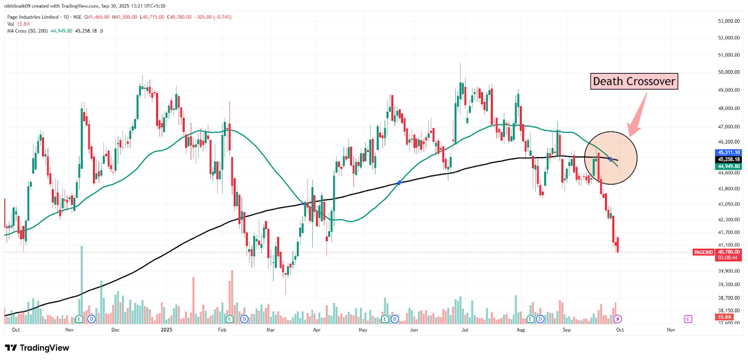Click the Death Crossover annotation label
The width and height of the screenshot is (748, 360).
[x=634, y=81]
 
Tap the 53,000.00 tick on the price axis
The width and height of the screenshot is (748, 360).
[x=729, y=21]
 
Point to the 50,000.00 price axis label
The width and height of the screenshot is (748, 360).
[x=729, y=72]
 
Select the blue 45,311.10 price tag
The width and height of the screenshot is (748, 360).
[x=729, y=152]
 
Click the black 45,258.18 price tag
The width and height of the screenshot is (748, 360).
[x=729, y=159]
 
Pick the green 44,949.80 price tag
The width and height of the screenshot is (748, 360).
[x=729, y=166]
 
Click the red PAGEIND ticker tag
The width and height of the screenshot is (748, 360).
[x=703, y=252]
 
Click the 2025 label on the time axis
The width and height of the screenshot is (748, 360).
[x=166, y=330]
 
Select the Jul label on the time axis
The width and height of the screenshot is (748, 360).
[x=465, y=330]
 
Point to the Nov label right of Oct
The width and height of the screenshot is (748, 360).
[x=671, y=330]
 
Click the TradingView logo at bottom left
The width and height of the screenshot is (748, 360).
[x=37, y=348]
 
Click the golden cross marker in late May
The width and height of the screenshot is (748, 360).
[x=399, y=183]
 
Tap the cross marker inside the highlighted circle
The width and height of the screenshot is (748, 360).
[x=611, y=159]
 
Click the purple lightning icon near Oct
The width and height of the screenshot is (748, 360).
[x=618, y=319]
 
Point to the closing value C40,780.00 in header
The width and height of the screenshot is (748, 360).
[x=179, y=17]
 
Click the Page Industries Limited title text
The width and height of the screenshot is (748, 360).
[x=33, y=17]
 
